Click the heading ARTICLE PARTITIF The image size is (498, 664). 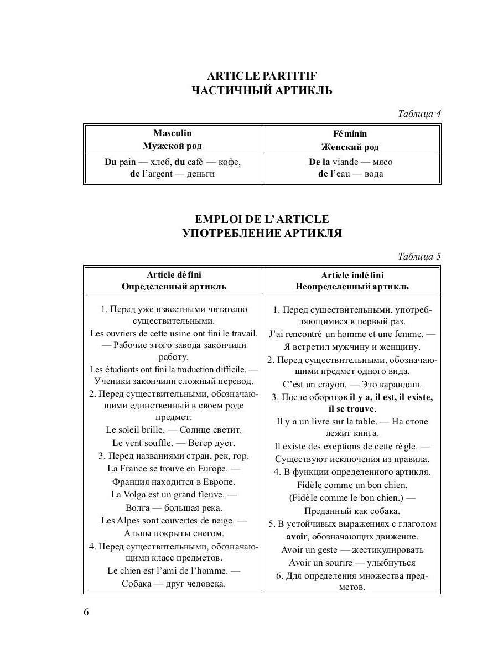click(262, 76)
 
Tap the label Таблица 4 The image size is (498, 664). click(419, 114)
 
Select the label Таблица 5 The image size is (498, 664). click(419, 256)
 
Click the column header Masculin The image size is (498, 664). click(172, 133)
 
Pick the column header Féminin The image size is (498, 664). click(350, 134)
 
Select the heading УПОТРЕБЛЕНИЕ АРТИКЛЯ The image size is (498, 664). click(262, 233)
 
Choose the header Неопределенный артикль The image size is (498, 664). click(352, 287)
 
